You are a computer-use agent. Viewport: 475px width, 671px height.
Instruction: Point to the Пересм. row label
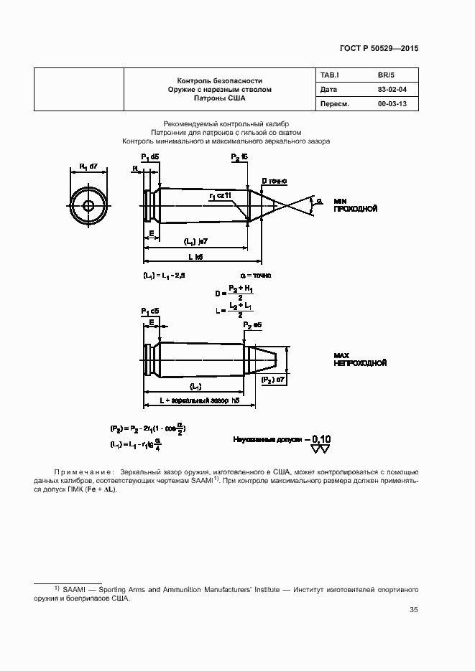click(334, 104)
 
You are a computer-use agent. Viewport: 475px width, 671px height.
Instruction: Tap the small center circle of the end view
click(88, 205)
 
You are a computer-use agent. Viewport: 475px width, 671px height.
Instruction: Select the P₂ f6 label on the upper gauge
click(239, 156)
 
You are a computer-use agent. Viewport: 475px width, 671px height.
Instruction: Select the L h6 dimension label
click(195, 255)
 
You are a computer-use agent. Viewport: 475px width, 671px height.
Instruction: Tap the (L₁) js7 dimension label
click(195, 241)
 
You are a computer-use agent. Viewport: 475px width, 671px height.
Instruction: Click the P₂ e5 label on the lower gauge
click(252, 324)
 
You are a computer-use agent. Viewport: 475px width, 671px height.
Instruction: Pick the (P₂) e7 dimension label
click(273, 378)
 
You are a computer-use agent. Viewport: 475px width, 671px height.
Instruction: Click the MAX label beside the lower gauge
click(342, 355)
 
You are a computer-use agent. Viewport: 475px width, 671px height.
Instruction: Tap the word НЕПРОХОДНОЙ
click(361, 363)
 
